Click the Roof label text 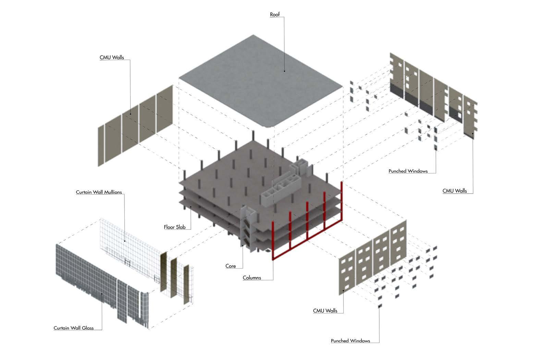tap(275, 14)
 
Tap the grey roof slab tap(260, 82)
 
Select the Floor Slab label tap(174, 227)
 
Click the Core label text tap(231, 266)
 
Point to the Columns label tap(252, 278)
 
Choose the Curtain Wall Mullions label tap(99, 192)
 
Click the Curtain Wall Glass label tap(74, 328)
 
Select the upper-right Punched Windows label tap(408, 171)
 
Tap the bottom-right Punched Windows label tap(350, 341)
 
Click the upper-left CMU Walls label tap(112, 58)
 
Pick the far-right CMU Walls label tap(454, 191)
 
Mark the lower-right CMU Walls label tap(325, 311)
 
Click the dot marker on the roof tap(284, 71)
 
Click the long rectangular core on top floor tap(281, 190)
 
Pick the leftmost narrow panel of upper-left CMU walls tap(100, 146)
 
